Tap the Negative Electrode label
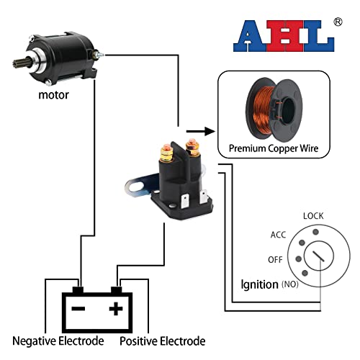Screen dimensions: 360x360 coord(58,341)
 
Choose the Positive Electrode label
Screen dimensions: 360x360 coord(162,341)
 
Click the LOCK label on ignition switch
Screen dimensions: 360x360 coord(313,215)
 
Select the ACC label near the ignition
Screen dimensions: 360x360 coord(279,235)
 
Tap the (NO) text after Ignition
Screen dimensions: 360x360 coord(292,285)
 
